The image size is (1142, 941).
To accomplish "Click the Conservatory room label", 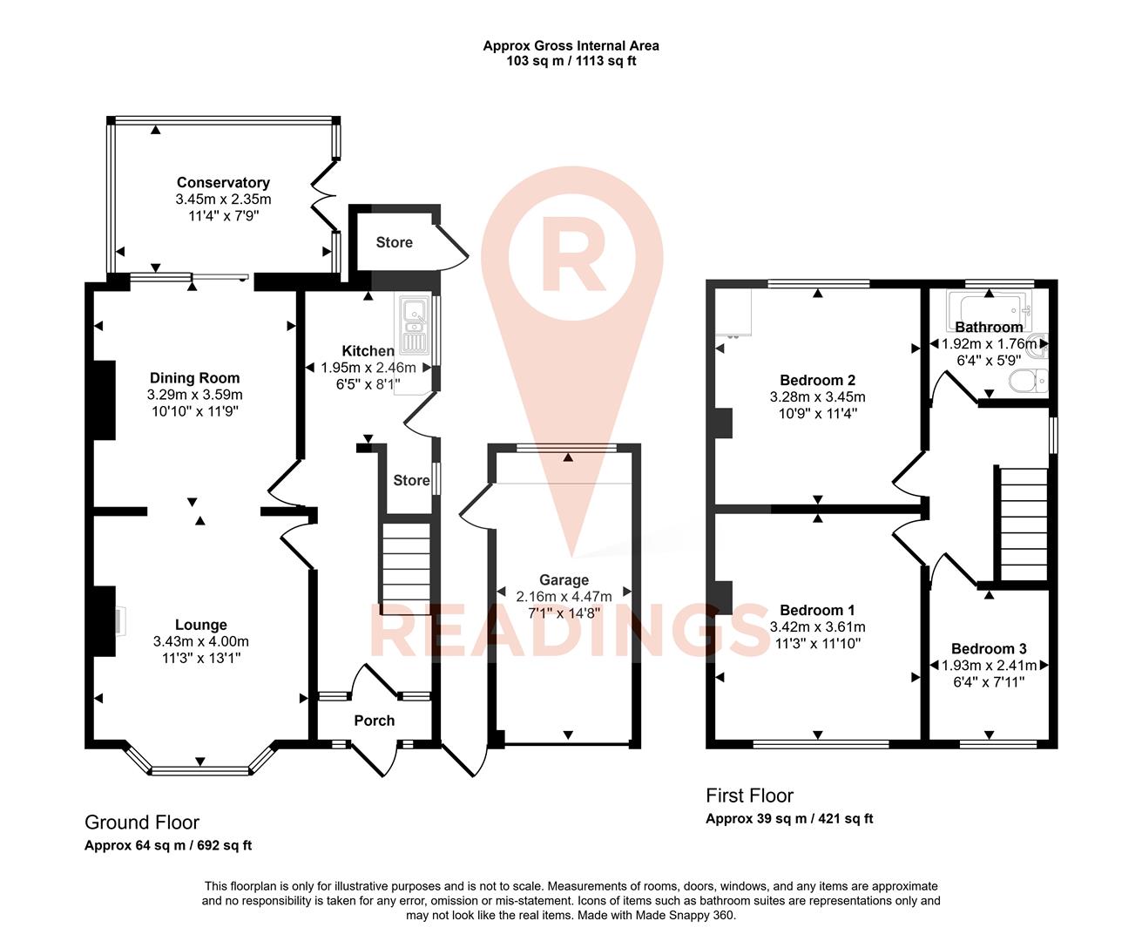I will point(223,182).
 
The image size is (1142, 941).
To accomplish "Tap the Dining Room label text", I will point(194,378).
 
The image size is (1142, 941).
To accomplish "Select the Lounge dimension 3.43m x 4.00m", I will point(201,641).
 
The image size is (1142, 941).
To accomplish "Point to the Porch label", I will point(375,721).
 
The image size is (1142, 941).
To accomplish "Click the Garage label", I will point(564,580).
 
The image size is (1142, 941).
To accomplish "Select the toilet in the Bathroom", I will point(1028,381).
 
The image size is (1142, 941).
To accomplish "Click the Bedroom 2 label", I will point(817,380).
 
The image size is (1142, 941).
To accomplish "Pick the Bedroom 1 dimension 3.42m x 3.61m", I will point(817,626).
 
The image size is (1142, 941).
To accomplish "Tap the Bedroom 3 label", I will point(989,649).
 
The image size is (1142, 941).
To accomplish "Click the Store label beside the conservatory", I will point(395,242).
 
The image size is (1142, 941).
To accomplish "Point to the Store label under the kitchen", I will point(411,480).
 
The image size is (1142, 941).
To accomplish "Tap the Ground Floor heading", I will point(142,823).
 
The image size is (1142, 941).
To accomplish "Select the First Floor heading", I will point(749,795).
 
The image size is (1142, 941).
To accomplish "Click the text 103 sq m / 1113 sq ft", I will point(571,61).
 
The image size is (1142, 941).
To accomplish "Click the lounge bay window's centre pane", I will point(200,770).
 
